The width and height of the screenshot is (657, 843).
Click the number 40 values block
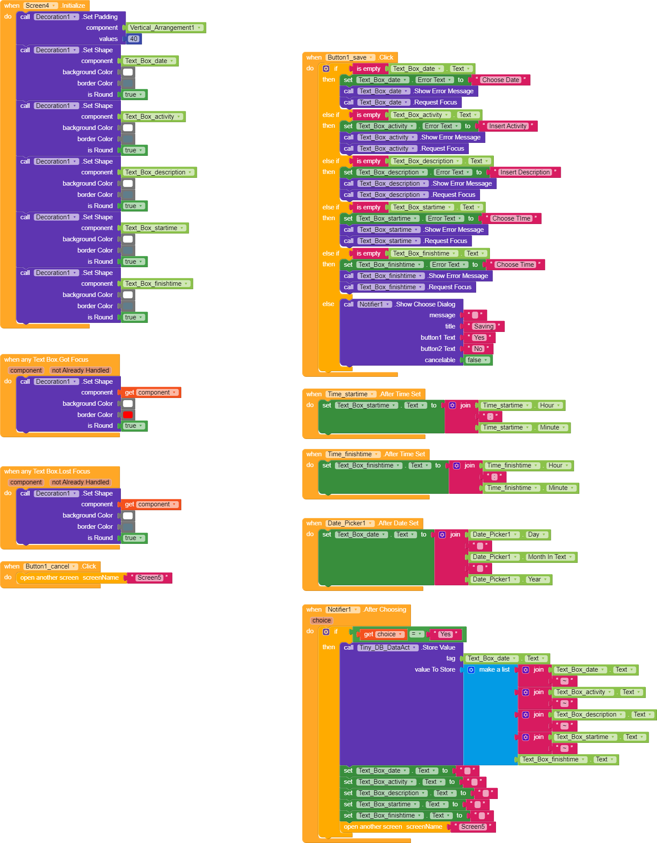click(134, 39)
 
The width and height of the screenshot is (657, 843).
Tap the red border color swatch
click(128, 415)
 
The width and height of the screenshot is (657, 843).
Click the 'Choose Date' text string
click(500, 80)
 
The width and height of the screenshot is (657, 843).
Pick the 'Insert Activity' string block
click(507, 126)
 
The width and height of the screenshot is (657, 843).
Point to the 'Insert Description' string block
click(525, 172)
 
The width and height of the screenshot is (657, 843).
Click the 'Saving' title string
click(483, 326)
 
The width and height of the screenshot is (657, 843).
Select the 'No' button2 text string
click(478, 349)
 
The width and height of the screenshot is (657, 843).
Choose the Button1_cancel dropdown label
click(51, 566)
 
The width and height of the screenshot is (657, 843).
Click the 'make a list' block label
click(494, 669)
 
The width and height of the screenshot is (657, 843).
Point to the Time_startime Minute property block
click(552, 427)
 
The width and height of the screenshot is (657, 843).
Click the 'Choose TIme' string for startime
click(511, 218)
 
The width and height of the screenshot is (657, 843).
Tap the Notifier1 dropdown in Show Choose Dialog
click(374, 304)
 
